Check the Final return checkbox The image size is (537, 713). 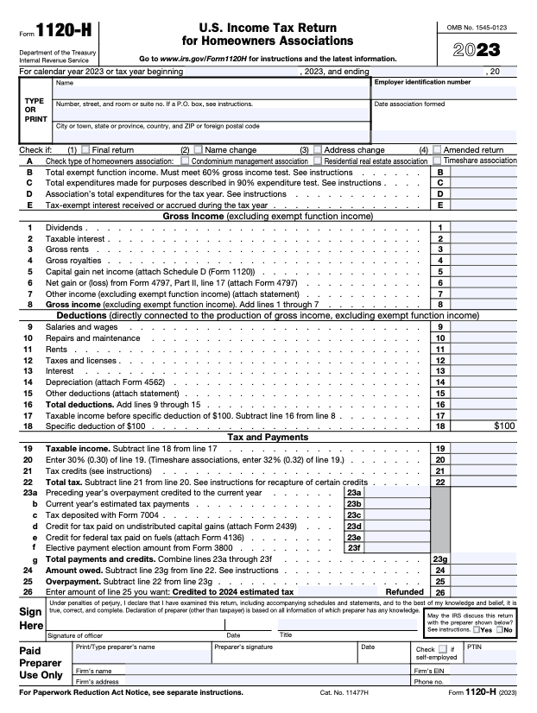85,149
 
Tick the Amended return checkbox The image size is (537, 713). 437,149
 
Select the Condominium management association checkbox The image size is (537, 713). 185,161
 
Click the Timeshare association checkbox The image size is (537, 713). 437,161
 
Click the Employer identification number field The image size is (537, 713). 444,92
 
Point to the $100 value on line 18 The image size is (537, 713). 504,426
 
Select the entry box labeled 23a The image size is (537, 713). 397,493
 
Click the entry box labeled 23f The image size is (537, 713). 397,547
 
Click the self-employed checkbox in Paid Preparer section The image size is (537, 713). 442,648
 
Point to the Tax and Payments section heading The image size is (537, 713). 268,438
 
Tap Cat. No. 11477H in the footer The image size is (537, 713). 344,693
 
